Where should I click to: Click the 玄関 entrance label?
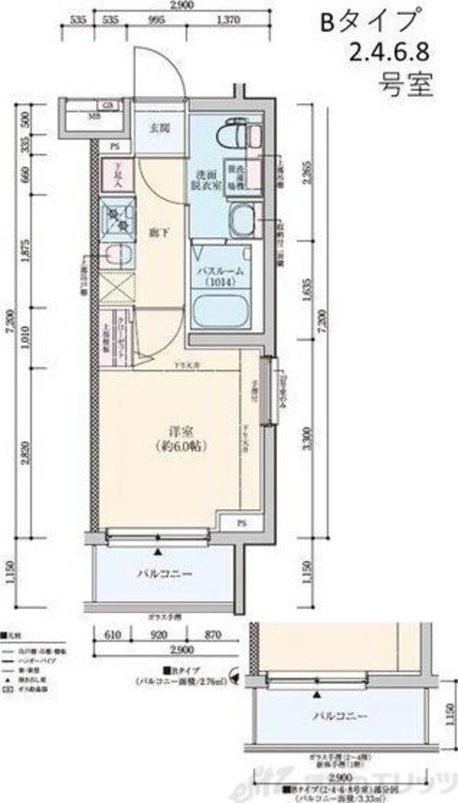[x=159, y=128]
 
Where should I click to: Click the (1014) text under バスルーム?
[x=221, y=282]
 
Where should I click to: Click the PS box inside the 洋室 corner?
[x=240, y=524]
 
